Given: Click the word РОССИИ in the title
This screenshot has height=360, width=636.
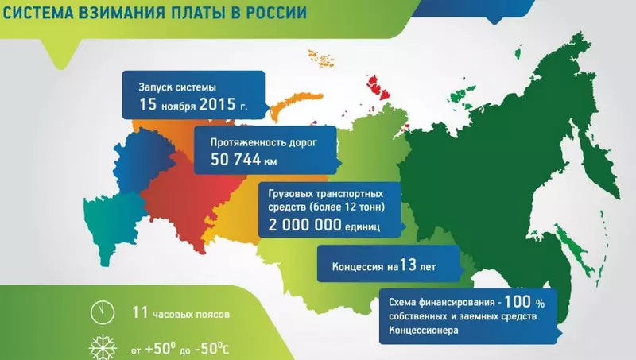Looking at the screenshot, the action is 276,12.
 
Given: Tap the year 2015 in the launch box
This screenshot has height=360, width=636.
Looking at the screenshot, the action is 217,105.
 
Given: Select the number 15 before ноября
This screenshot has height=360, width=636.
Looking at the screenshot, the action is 148,104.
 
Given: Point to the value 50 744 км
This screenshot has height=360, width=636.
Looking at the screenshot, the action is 244,160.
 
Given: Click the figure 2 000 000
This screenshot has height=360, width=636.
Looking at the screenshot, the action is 305,225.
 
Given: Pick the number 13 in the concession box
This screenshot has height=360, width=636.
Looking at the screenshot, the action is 408,265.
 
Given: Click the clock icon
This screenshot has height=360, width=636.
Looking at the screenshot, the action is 103,312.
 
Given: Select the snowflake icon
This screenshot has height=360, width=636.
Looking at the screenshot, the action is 103,347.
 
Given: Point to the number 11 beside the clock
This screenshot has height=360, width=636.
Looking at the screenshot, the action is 140,312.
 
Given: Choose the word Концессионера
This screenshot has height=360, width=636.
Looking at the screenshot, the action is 424,330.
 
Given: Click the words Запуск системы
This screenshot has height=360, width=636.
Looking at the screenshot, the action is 177,87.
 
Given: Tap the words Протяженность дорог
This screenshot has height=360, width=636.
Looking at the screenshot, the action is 264,143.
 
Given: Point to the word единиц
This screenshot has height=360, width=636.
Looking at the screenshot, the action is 363,227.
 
